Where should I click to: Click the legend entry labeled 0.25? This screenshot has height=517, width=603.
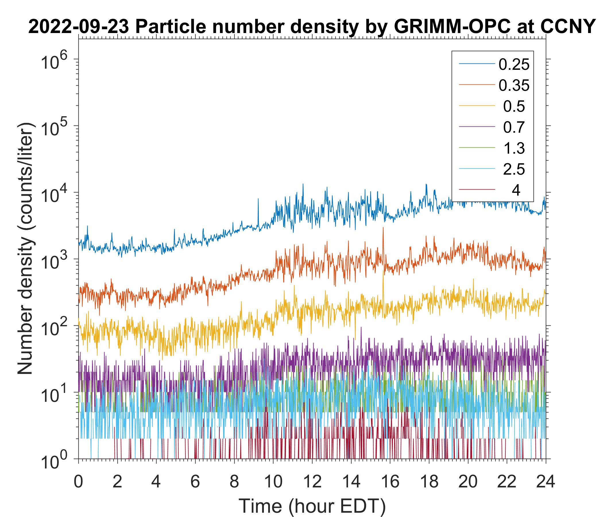pyautogui.click(x=514, y=65)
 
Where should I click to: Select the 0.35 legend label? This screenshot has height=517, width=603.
pyautogui.click(x=514, y=86)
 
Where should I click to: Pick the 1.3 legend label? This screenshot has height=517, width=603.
pyautogui.click(x=514, y=148)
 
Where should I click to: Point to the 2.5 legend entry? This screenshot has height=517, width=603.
pyautogui.click(x=514, y=169)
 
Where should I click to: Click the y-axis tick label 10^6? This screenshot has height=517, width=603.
pyautogui.click(x=57, y=62)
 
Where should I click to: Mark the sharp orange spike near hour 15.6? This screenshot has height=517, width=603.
pyautogui.click(x=383, y=229)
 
